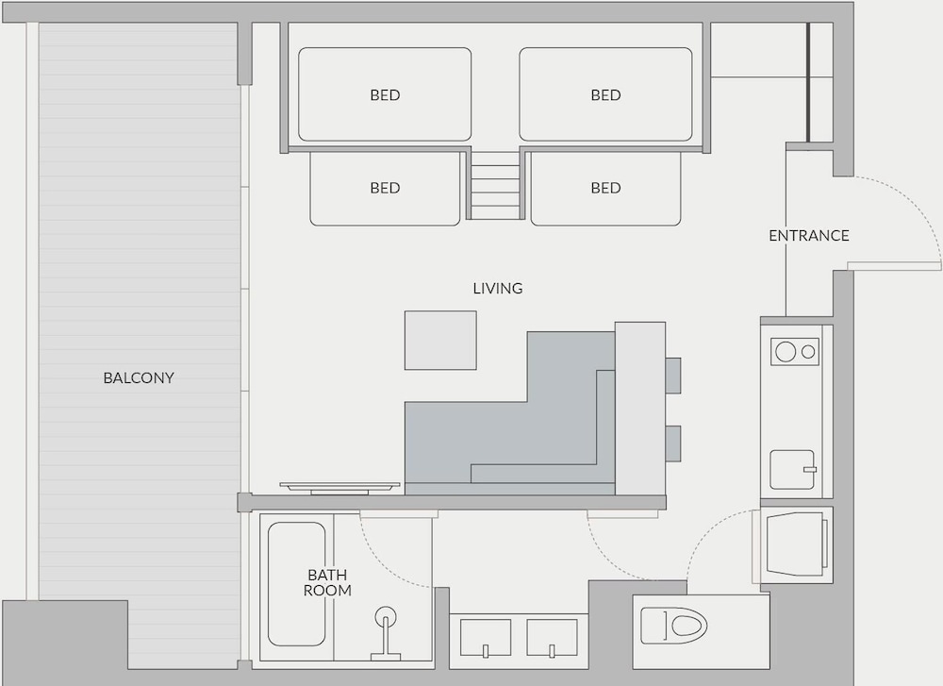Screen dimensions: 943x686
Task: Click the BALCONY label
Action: coord(139,377)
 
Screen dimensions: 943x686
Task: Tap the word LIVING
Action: coord(498,288)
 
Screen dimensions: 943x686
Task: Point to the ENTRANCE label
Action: coord(809,235)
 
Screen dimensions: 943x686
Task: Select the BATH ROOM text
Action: coord(327,582)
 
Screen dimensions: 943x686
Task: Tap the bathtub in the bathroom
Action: coord(296,584)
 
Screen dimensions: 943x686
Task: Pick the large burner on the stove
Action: coord(786,351)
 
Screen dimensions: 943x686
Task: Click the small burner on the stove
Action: coord(809,351)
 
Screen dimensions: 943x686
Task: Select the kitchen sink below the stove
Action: coord(793,469)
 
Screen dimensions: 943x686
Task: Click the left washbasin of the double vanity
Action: coord(486,638)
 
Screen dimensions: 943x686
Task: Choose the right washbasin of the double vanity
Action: coord(552,638)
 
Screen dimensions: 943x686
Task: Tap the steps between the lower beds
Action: coord(495,185)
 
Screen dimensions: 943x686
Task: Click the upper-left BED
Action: coord(385,94)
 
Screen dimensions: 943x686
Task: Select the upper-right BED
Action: coord(605,94)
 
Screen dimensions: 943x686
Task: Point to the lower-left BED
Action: coord(385,189)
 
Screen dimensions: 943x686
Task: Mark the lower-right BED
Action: coord(605,189)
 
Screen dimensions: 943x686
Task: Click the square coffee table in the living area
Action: coord(440,340)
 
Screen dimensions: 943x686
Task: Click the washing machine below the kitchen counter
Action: coord(795,544)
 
